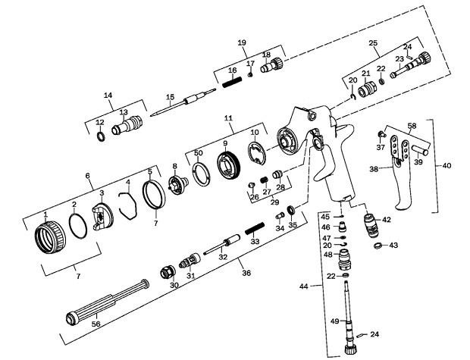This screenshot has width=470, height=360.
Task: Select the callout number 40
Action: (446, 164)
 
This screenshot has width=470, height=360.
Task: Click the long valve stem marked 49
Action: (349, 311)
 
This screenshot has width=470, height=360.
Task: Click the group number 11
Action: (227, 118)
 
